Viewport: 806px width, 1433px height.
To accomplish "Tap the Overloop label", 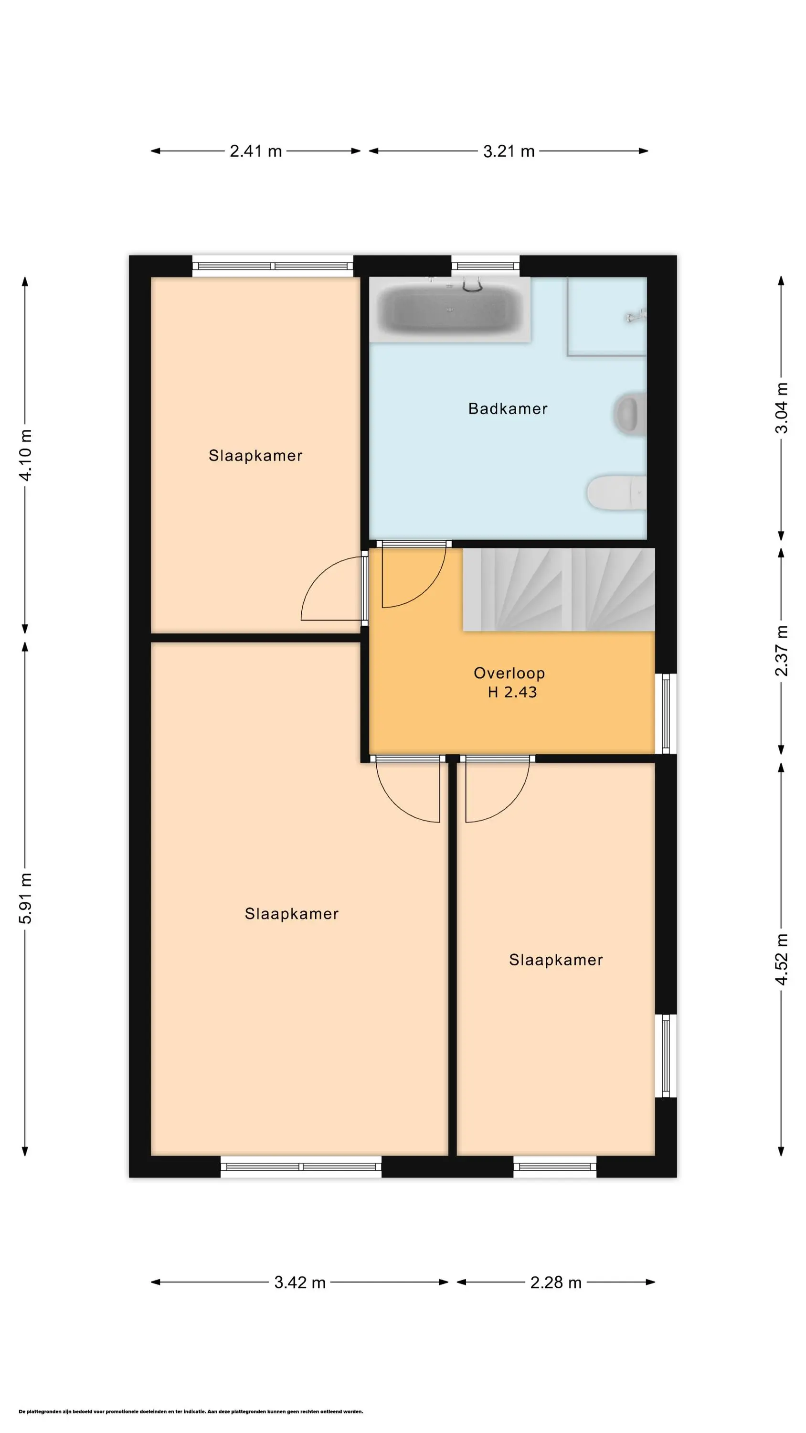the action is point(509,673).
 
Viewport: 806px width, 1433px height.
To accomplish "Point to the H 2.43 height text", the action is point(512,692).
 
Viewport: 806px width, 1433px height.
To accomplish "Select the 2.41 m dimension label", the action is point(256,151).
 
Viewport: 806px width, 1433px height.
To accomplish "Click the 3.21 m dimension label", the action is point(509,151).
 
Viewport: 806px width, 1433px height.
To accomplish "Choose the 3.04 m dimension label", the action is point(782,408).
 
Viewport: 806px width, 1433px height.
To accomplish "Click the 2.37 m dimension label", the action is point(782,651).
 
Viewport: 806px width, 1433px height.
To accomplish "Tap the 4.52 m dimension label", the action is point(782,960).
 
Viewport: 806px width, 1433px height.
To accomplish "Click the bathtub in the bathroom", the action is point(451,310).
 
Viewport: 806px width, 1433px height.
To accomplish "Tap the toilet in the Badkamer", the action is point(616,492).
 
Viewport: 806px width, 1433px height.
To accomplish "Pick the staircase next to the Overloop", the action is point(559,589).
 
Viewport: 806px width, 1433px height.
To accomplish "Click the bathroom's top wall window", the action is point(486,266).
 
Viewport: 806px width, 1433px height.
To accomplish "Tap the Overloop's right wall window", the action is point(666,714).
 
